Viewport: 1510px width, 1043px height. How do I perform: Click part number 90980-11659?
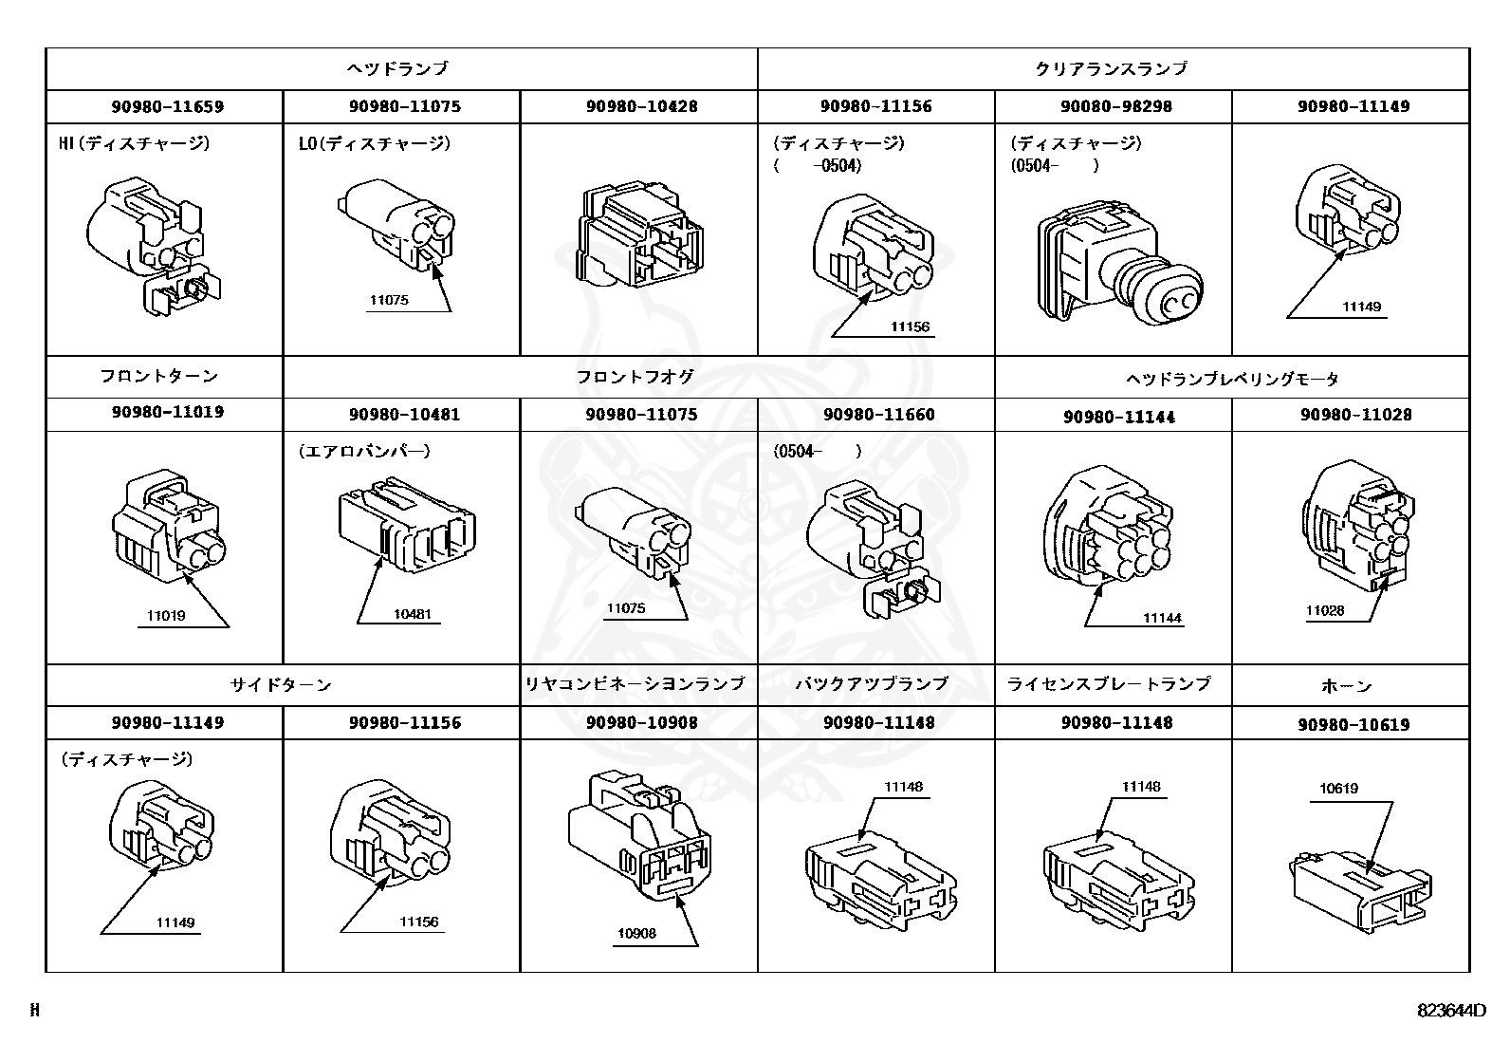[x=167, y=106]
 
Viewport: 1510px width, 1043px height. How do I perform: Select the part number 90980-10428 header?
[x=641, y=106]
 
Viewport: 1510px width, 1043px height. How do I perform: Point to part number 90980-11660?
[x=878, y=415]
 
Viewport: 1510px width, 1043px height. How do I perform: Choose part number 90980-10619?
[x=1353, y=725]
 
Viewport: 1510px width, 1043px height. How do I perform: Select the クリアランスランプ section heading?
[x=1111, y=68]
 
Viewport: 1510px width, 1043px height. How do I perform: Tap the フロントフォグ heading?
[x=635, y=377]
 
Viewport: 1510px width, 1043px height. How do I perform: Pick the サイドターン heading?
[x=281, y=684]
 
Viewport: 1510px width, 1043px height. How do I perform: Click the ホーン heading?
[x=1346, y=685]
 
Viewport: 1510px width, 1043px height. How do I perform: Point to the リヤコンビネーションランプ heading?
[x=635, y=683]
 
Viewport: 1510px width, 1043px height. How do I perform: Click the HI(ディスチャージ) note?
[x=134, y=143]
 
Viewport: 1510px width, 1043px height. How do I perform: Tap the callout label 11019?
[x=166, y=615]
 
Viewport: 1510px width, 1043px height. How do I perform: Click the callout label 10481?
[x=412, y=613]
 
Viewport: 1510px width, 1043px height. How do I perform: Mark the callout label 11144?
[x=1161, y=618]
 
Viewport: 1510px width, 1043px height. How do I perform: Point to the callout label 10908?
[x=635, y=933]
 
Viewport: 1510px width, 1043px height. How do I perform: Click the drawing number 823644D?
[x=1451, y=1010]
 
